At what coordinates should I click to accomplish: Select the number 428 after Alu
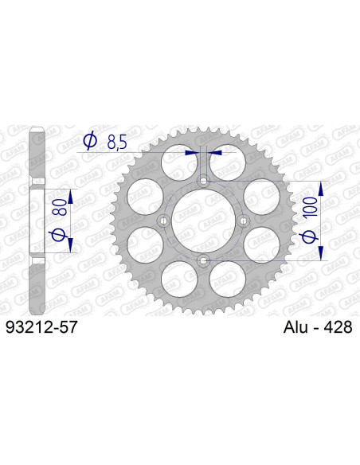pyautogui.click(x=336, y=326)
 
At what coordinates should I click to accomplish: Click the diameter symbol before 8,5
pyautogui.click(x=90, y=142)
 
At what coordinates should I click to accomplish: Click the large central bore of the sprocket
pyautogui.click(x=204, y=221)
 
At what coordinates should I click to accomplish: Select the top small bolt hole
pyautogui.click(x=204, y=181)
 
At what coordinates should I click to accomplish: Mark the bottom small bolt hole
pyautogui.click(x=204, y=260)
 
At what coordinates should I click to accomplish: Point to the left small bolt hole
pyautogui.click(x=164, y=221)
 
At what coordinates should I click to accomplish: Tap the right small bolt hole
pyautogui.click(x=244, y=221)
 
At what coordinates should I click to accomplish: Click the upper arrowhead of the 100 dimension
pyautogui.click(x=321, y=187)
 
